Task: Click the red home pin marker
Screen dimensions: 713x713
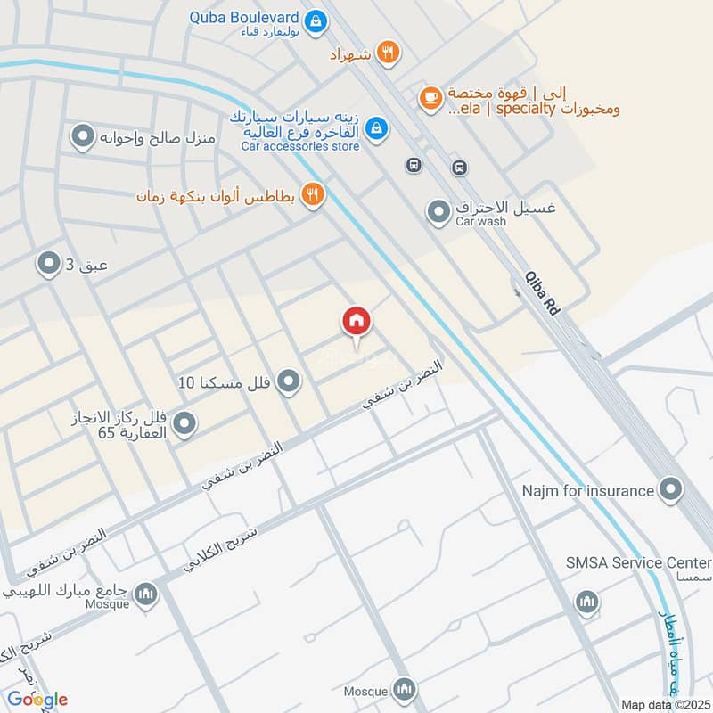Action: [x=356, y=322]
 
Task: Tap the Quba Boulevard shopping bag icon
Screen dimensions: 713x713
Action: [x=314, y=19]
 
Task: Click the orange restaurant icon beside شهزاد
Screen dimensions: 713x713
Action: [x=386, y=53]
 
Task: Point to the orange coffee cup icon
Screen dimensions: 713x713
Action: [x=430, y=97]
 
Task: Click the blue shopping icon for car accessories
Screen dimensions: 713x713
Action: [x=377, y=129]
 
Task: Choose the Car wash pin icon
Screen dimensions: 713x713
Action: [x=438, y=212]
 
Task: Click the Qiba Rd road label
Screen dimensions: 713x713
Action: [x=542, y=294]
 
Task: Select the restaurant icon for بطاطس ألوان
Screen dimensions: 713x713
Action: [x=311, y=193]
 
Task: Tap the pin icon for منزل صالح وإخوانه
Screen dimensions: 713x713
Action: [x=83, y=137]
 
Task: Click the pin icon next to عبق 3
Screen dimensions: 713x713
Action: [x=47, y=263]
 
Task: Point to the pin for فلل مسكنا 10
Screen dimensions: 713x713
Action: [x=287, y=383]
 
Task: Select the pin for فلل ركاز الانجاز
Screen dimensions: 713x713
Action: [x=184, y=424]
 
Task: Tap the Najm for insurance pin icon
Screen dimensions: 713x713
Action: [x=670, y=488]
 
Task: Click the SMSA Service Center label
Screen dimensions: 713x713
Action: [x=638, y=562]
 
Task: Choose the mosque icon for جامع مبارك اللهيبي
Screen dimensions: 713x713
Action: [x=145, y=594]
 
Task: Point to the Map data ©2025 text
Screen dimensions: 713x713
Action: [x=663, y=705]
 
